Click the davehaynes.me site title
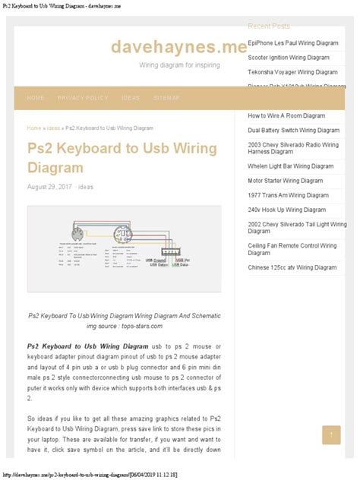click(x=179, y=47)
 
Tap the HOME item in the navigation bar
click(x=36, y=98)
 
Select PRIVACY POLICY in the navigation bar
click(x=83, y=98)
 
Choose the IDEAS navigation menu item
click(x=131, y=98)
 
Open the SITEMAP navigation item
click(x=166, y=98)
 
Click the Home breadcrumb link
click(x=34, y=128)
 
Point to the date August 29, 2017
click(x=49, y=187)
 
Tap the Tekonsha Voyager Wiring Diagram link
click(x=292, y=72)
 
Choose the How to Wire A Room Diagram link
click(x=286, y=116)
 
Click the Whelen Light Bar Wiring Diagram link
click(x=290, y=166)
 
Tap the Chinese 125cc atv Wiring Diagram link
click(x=292, y=267)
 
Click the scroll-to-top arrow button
click(x=330, y=435)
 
